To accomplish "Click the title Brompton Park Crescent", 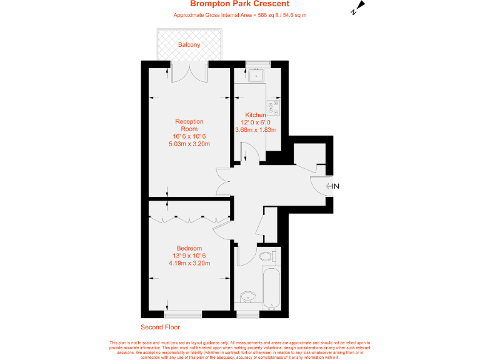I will tap(239, 4).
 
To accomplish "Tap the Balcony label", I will tap(189, 45).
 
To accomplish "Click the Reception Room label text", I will tap(189, 125).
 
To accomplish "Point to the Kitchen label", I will tap(256, 115).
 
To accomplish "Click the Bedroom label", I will tap(189, 248).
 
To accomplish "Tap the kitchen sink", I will tap(256, 77).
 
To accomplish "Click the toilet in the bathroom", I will tap(266, 256).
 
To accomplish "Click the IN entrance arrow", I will tap(332, 186).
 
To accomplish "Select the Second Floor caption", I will tap(161, 327).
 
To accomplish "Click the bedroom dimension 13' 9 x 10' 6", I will tap(189, 256).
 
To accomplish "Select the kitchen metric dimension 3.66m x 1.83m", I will tap(256, 130).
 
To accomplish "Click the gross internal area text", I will tap(239, 14).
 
